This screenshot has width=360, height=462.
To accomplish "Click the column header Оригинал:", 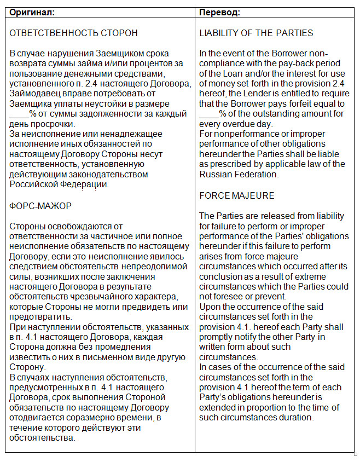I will point(32,11).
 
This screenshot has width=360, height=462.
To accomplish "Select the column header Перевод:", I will point(220,11).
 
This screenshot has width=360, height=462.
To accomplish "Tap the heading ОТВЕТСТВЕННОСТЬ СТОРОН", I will point(74,33).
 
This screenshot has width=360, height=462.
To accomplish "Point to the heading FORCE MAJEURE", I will point(237,195).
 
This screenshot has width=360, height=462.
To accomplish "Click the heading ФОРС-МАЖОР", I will point(41,205).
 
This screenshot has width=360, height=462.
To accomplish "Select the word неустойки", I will point(123,103).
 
